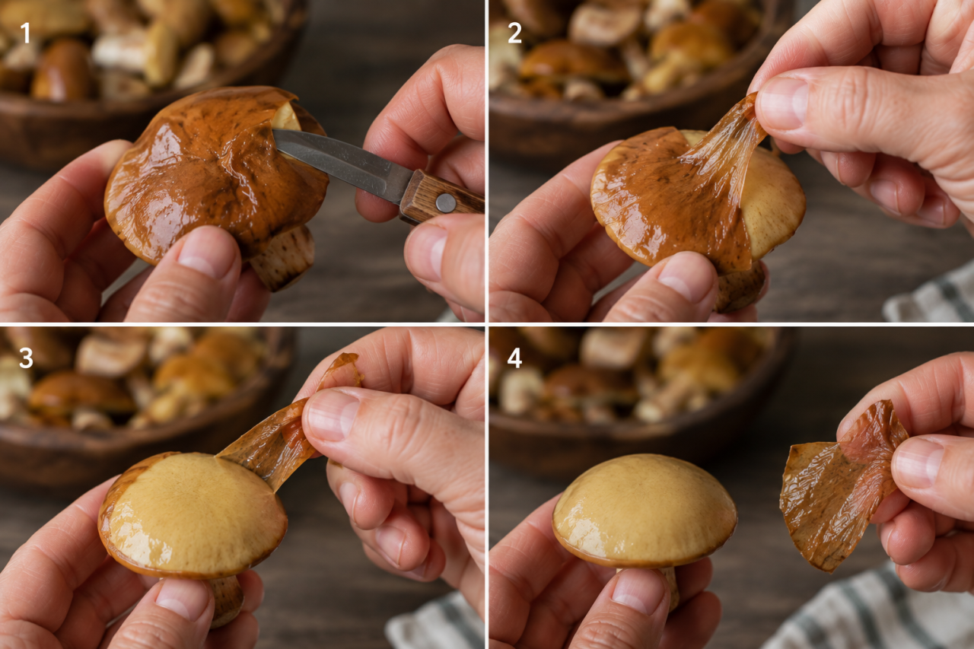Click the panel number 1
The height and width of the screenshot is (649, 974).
coord(25,33)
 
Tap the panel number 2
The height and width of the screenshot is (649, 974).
coord(514,33)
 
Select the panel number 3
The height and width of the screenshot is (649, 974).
coord(26,358)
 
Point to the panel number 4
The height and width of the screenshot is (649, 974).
coord(515,358)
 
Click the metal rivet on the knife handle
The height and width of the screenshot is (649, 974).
coord(446,202)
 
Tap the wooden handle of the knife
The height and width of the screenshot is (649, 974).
coord(440,198)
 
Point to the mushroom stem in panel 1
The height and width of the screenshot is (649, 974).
coord(284,258)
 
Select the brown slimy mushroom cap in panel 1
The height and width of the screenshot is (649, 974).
coord(215,174)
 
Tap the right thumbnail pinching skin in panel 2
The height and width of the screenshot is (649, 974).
coord(783,103)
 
